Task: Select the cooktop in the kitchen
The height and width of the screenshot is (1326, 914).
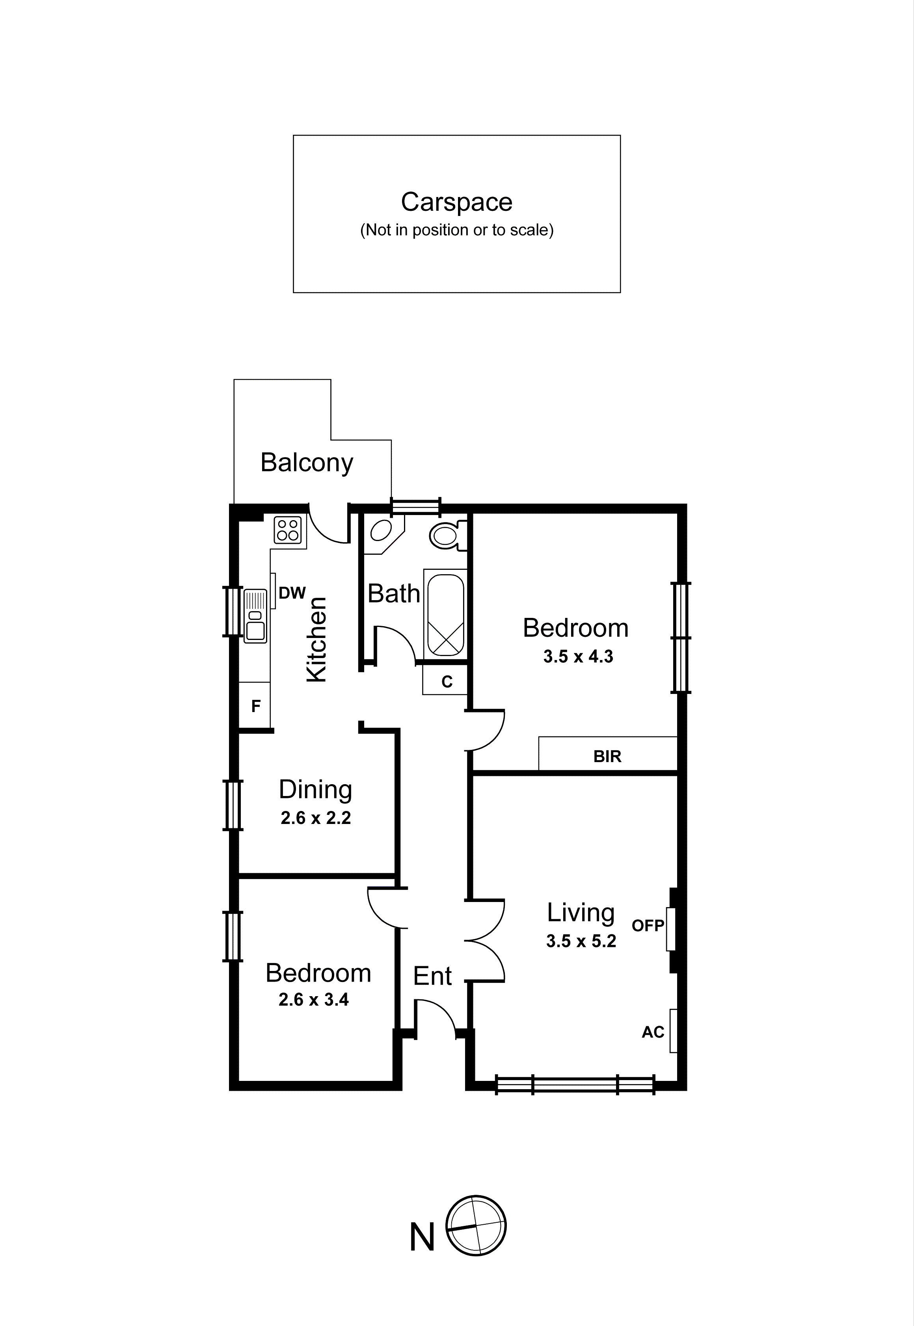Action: pos(288,530)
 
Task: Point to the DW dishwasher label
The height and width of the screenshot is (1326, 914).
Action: pos(292,593)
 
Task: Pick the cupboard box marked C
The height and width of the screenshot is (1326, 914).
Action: pos(446,682)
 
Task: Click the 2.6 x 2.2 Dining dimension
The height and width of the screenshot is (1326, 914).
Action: pos(316,818)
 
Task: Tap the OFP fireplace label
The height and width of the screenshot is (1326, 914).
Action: pos(648,926)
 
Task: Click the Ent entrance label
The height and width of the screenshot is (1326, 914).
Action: pos(432,976)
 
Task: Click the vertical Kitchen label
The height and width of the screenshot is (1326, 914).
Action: pos(317,640)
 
